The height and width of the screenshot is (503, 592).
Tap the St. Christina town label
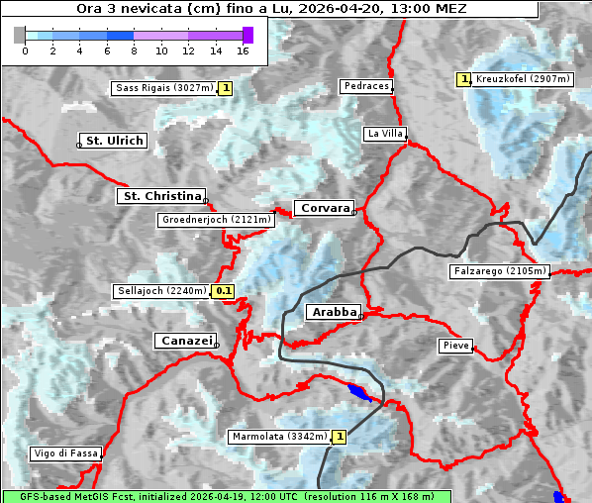coord(160,196)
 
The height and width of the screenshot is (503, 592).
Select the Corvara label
coord(324,208)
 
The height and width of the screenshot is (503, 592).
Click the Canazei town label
coord(184,341)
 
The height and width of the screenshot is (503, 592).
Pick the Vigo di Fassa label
coord(66,453)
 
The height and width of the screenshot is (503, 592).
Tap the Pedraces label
coord(365,86)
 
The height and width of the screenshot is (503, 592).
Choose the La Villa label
coord(384,133)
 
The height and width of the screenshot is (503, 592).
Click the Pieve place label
coord(455,346)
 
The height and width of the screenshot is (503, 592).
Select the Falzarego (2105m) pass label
coord(499,270)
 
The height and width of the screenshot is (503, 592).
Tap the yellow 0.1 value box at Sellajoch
coord(224,291)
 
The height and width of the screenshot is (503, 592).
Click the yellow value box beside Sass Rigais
coord(226,88)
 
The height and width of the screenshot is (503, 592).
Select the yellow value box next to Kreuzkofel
coord(463,78)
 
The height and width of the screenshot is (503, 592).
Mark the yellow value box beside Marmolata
coord(340,436)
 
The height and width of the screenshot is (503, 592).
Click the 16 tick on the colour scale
coord(244,50)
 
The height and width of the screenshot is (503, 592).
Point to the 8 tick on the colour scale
coord(134,50)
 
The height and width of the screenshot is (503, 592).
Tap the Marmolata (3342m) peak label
coord(278,436)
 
